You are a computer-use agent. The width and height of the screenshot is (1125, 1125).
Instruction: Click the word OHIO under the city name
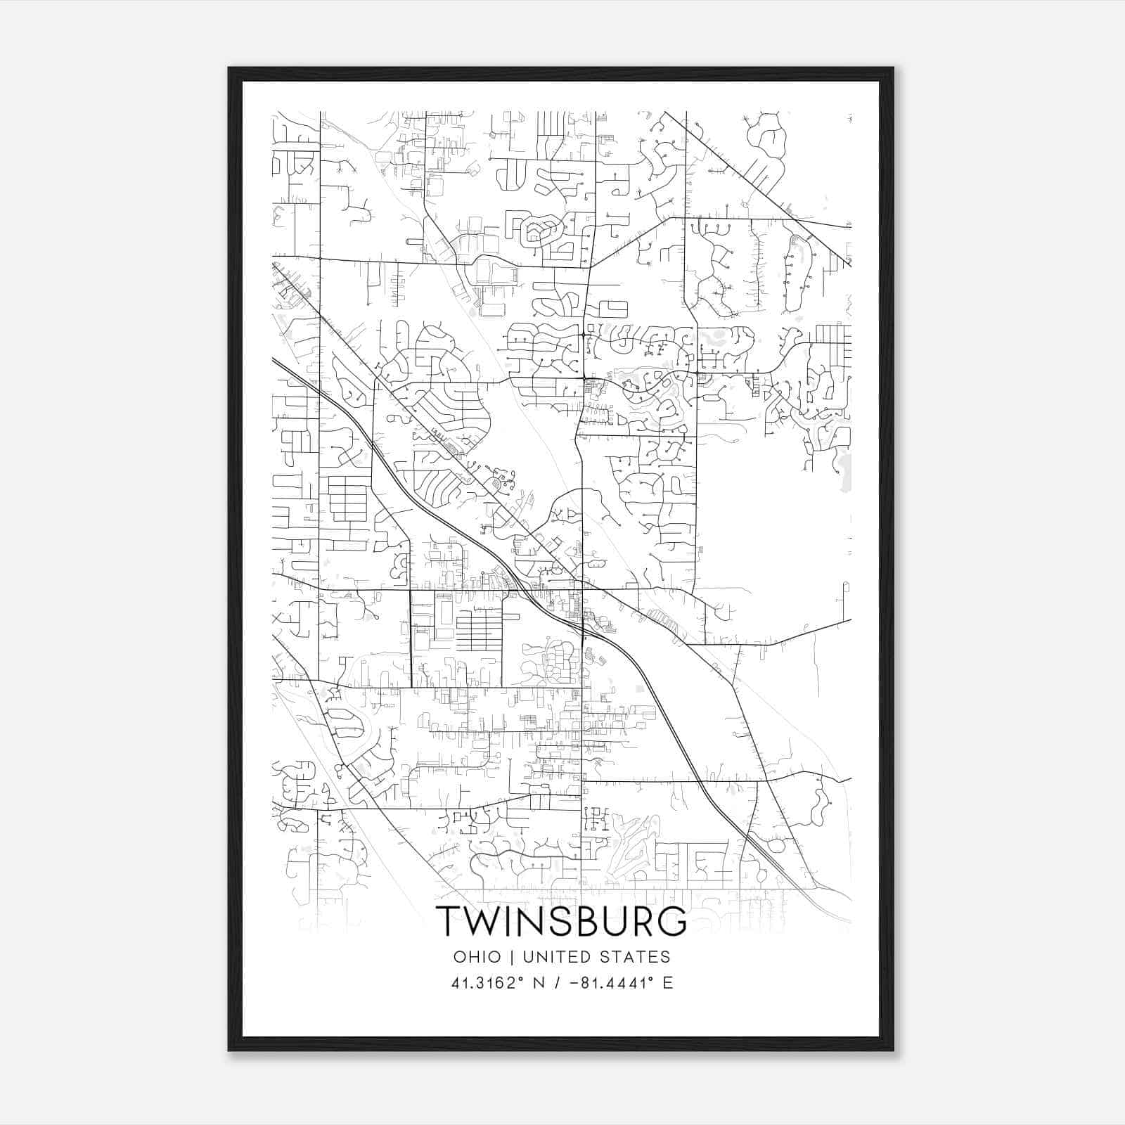pos(477,956)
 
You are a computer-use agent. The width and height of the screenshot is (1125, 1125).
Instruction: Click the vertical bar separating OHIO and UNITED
pos(512,956)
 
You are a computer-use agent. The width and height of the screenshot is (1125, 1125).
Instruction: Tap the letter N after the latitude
pos(540,982)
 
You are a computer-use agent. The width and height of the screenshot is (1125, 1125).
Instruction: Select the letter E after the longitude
pos(667,982)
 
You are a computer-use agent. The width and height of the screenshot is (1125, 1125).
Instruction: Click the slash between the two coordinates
pos(557,982)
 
